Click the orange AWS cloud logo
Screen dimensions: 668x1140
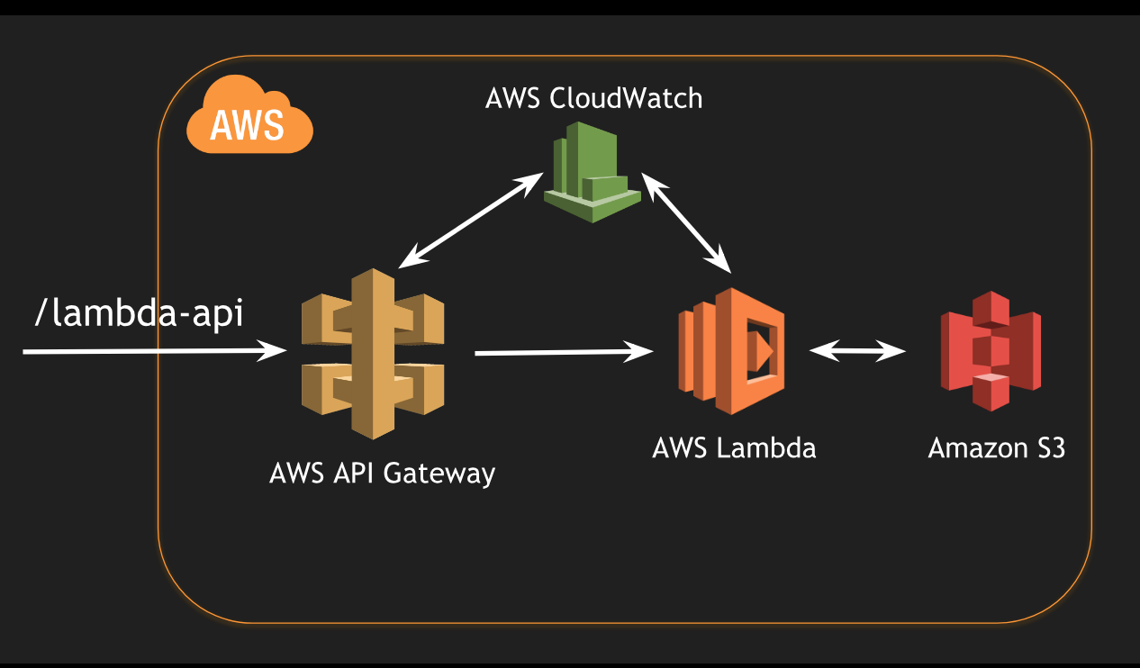[249, 117]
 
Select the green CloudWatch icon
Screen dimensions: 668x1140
[592, 172]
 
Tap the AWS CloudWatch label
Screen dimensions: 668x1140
[593, 97]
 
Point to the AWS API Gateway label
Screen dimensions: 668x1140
[382, 473]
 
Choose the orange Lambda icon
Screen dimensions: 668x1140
[732, 351]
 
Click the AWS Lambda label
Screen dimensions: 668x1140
[734, 447]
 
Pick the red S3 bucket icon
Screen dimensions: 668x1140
[991, 351]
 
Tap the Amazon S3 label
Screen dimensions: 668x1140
[996, 447]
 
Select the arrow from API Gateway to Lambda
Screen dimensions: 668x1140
[564, 353]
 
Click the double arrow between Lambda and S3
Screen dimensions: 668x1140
[857, 351]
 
